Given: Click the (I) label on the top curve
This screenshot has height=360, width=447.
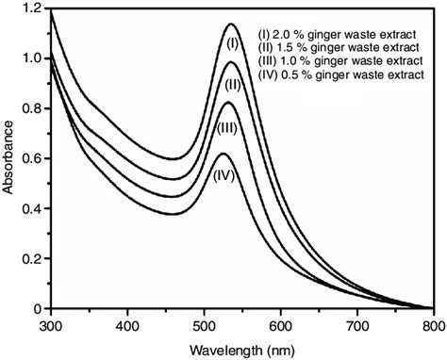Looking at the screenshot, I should (232, 41).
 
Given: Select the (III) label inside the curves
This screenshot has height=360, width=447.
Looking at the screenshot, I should (227, 127).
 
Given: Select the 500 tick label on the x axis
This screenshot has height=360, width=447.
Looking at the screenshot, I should (204, 325).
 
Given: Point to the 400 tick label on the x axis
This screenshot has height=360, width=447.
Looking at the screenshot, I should (127, 325).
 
